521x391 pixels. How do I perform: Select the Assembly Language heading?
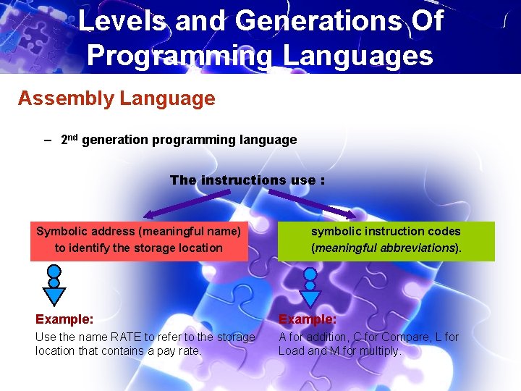coord(117,98)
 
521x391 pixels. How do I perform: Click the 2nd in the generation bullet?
coord(69,139)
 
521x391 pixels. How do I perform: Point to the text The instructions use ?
coord(247,180)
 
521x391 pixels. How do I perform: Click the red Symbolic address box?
coord(139,240)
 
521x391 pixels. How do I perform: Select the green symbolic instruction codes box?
coord(386,240)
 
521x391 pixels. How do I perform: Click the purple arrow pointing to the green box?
coord(311,203)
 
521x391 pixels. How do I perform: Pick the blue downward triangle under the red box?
coord(54,295)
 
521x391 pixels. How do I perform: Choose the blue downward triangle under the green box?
coord(310,297)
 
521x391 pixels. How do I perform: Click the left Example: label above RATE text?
coord(64,319)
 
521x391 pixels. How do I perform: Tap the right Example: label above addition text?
coord(308,319)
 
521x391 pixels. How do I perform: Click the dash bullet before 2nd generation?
coord(48,140)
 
